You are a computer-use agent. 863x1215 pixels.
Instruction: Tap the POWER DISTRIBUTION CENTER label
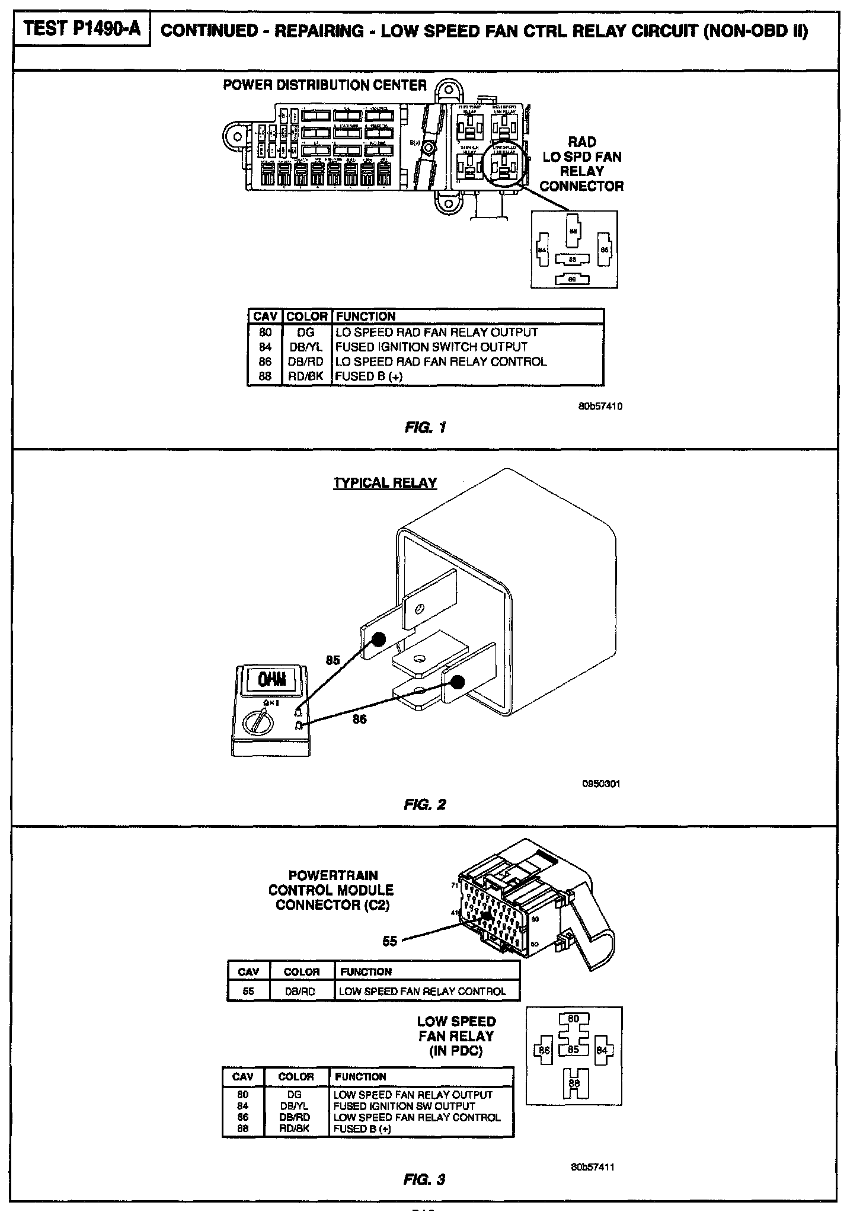pos(324,85)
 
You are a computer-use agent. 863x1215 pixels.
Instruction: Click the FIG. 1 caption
pos(425,427)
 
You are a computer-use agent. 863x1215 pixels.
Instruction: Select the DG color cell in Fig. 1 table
pos(306,332)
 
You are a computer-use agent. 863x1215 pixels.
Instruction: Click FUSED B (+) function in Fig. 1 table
pos(369,376)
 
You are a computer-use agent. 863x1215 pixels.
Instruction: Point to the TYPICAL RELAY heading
pos(385,482)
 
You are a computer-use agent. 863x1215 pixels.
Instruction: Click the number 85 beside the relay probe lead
pos(333,660)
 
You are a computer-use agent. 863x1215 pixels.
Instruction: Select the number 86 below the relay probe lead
pos(359,720)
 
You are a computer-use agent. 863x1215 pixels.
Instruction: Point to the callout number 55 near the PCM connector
pos(389,941)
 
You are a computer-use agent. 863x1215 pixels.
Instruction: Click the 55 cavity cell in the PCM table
pos(248,991)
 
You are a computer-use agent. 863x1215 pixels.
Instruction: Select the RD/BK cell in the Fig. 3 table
pos(295,1128)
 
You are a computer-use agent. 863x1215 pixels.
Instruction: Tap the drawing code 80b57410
pos(600,407)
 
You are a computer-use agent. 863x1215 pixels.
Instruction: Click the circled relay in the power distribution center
pos(504,165)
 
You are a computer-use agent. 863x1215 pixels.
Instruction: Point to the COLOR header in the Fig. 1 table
pos(306,316)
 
